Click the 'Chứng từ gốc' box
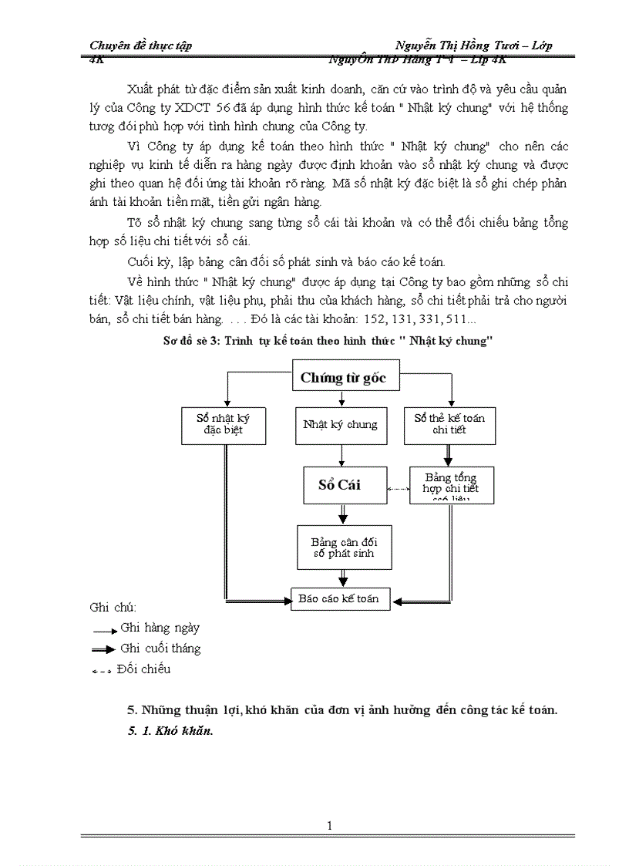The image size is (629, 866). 342,378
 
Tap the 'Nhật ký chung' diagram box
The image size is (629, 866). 341,424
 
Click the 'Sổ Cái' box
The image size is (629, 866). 341,485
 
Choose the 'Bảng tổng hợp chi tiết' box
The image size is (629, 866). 451,485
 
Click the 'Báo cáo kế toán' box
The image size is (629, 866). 340,598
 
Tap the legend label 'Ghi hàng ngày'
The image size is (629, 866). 160,628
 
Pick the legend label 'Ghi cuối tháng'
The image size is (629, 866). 160,648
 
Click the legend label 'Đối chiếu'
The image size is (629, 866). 143,669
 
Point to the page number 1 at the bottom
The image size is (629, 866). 330,826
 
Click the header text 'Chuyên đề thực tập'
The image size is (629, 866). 140,45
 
